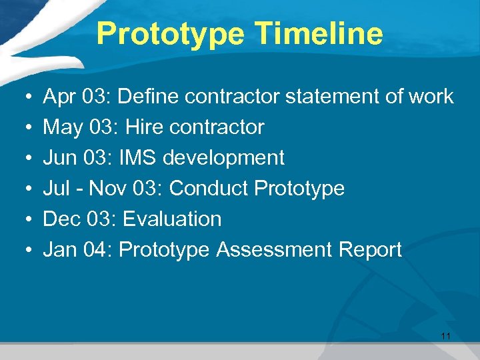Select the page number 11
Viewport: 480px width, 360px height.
tap(446, 337)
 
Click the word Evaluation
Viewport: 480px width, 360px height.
tap(172, 219)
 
